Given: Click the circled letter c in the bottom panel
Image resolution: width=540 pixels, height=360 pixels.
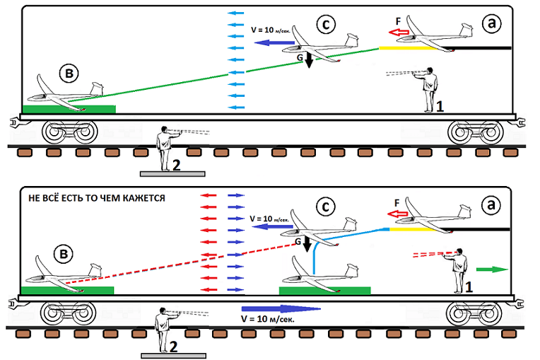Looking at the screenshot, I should [325, 208].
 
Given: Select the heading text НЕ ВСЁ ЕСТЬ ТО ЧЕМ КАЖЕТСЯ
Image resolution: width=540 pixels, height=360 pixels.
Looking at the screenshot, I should [96, 199].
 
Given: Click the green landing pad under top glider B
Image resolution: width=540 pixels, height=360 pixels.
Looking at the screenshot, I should [69, 109].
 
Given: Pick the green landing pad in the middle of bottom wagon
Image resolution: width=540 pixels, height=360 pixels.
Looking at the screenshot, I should [324, 290].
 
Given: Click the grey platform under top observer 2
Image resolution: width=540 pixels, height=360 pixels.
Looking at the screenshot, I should [173, 172].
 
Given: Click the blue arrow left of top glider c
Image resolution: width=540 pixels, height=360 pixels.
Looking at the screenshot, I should [269, 44].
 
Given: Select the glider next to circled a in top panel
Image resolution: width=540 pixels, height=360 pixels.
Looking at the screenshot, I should [433, 39].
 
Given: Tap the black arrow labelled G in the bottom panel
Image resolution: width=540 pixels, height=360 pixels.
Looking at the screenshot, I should [308, 249].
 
